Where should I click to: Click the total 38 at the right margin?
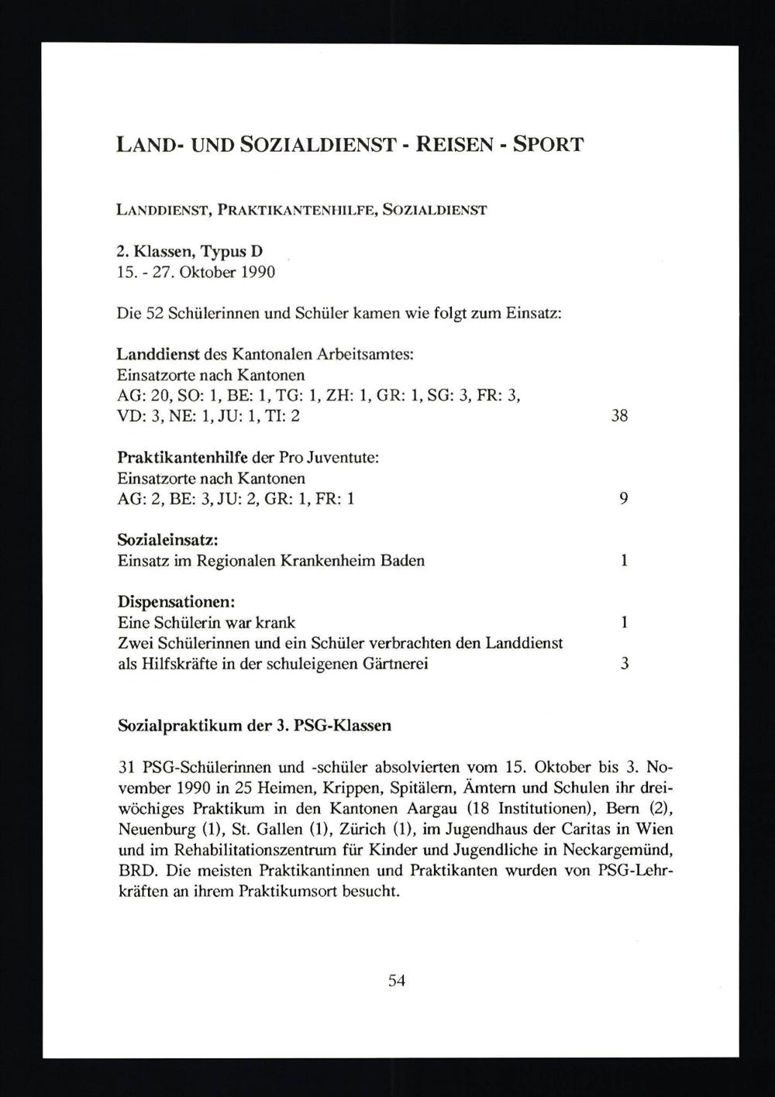[618, 416]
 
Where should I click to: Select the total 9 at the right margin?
[623, 499]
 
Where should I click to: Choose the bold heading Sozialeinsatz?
[167, 539]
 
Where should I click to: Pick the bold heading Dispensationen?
[177, 602]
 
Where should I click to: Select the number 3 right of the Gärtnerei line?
[624, 664]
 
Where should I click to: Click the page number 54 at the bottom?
[396, 980]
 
